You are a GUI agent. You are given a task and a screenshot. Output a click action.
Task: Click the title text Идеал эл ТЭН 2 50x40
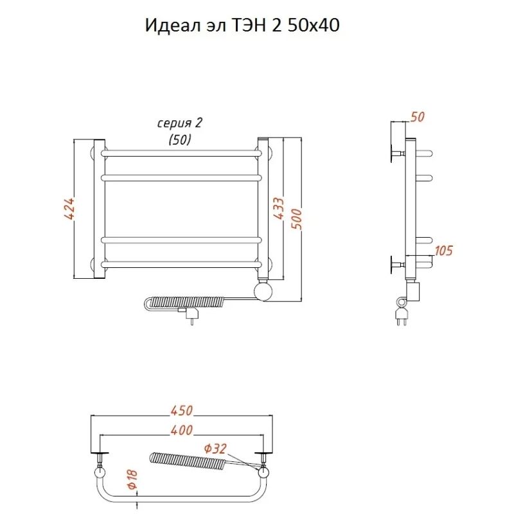[242, 26]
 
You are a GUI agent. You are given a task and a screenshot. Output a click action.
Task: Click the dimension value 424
[70, 209]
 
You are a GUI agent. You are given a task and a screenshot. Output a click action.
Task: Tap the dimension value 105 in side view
[444, 251]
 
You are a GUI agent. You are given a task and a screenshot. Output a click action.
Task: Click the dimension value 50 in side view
[418, 117]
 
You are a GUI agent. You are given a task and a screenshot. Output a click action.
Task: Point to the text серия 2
[175, 123]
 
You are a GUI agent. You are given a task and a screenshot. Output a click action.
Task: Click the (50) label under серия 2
[179, 139]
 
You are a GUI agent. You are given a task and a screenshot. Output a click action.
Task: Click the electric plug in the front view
[190, 315]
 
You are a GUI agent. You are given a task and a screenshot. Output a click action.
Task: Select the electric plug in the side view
[402, 315]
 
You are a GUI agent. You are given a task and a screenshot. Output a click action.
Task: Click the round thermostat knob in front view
[263, 291]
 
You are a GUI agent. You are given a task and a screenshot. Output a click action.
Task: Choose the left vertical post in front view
[100, 209]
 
